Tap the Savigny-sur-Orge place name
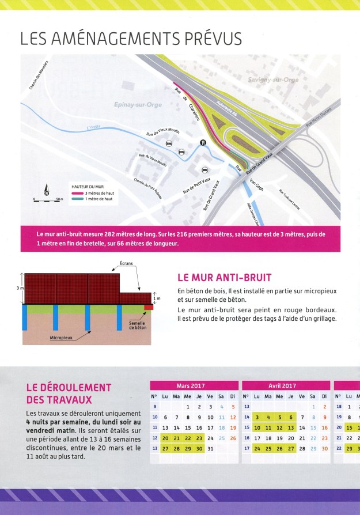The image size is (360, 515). (273, 79)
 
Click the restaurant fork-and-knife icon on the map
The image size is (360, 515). (203, 142)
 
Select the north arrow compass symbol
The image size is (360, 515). (47, 189)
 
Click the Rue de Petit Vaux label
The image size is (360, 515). (196, 183)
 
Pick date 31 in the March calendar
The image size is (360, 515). (210, 448)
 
